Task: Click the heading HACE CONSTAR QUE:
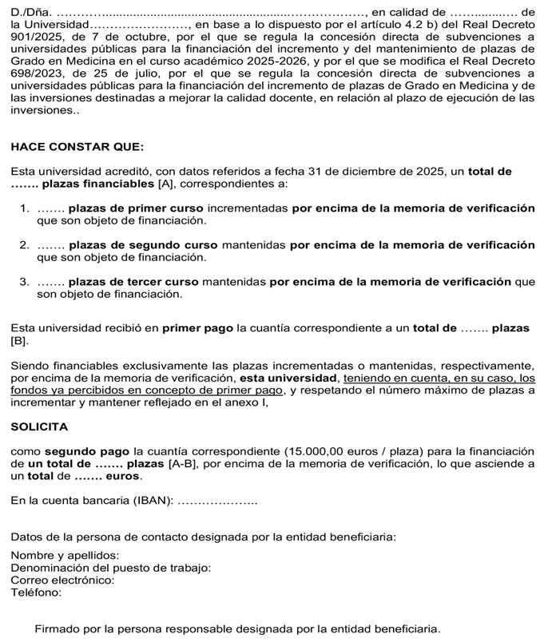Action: coord(66,147)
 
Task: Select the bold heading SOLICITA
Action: coord(39,427)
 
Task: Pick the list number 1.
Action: coord(24,208)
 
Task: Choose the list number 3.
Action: coord(24,282)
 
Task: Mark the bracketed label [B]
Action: coord(19,342)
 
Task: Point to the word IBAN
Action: coord(154,501)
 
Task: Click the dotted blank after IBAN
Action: coord(216,501)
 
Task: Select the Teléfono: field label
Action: coord(36,592)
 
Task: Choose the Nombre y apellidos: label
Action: coord(65,555)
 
